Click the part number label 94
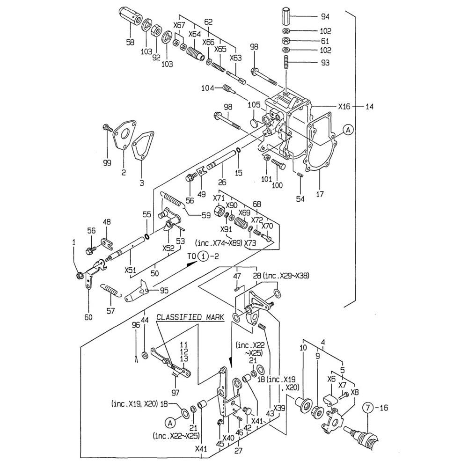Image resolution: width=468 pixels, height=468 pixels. pos(325,17)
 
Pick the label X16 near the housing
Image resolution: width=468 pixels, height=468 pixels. pos(344,106)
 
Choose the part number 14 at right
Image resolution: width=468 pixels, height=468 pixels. pos(370,106)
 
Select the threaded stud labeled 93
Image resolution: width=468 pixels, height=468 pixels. pos(286,62)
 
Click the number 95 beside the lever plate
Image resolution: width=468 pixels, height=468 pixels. pos(164,291)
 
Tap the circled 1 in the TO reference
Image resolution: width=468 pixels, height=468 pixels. pos(202,256)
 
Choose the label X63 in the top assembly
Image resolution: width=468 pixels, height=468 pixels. pos(235,58)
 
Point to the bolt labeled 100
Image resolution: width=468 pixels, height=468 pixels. pos(278,165)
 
